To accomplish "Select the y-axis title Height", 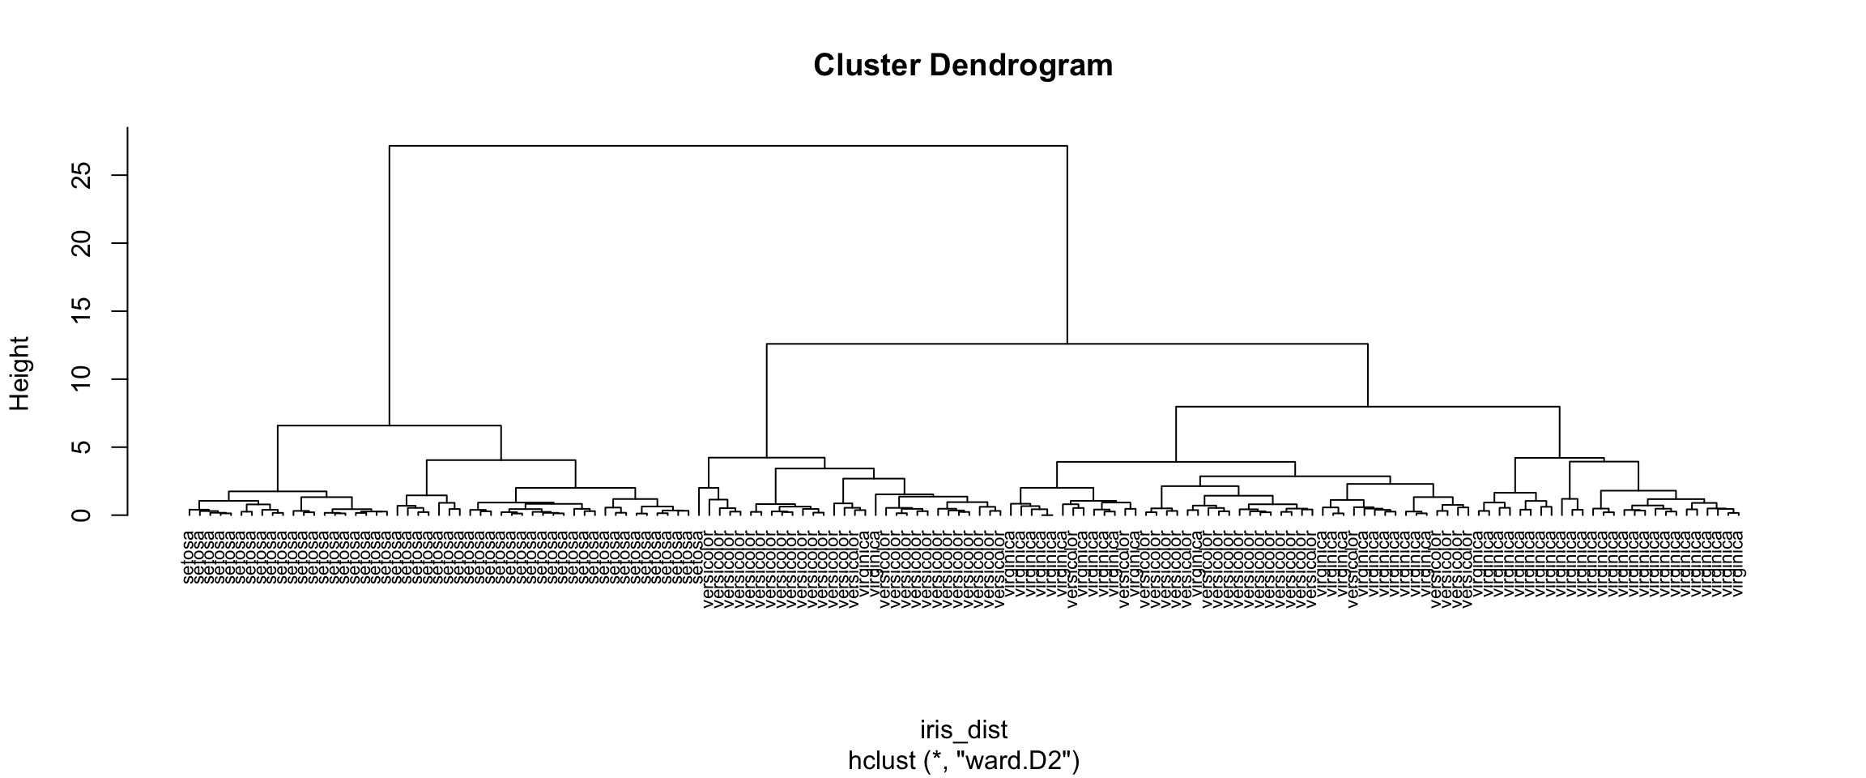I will pyautogui.click(x=19, y=374).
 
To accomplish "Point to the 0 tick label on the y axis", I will pyautogui.click(x=82, y=515).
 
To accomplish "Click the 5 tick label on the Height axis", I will pyautogui.click(x=82, y=447).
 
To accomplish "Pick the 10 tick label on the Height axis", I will pyautogui.click(x=82, y=379).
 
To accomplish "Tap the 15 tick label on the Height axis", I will pyautogui.click(x=82, y=311).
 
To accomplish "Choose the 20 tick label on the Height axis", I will pyautogui.click(x=82, y=243).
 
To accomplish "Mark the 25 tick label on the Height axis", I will pyautogui.click(x=82, y=175).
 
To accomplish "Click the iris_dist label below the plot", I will pyautogui.click(x=964, y=730).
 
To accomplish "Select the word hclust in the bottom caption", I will pyautogui.click(x=881, y=761).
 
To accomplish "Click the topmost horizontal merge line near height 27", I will pyautogui.click(x=729, y=146).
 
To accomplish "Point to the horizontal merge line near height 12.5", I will pyautogui.click(x=1067, y=344).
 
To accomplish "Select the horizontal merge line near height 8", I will pyautogui.click(x=1367, y=407).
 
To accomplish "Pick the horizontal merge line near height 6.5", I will pyautogui.click(x=390, y=425).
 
